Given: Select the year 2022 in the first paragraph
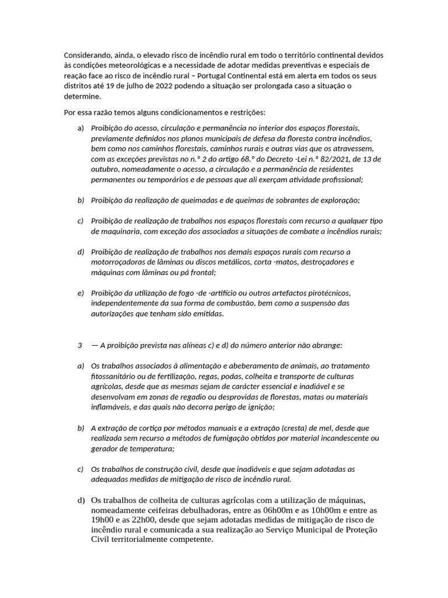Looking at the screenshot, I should tap(163, 86).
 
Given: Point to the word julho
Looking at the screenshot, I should tap(138, 86).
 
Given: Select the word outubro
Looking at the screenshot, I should tap(105, 169).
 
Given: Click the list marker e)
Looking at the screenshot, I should tap(81, 293).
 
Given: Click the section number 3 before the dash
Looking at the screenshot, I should tap(80, 345).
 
